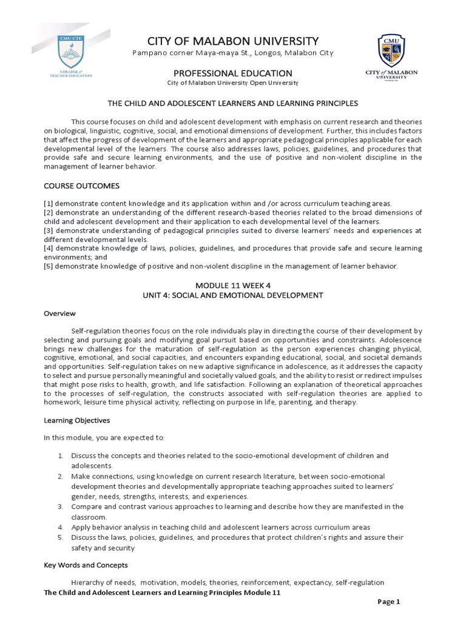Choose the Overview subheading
[59, 314]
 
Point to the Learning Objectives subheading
[76, 420]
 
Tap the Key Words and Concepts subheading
[86, 565]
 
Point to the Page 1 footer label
[389, 602]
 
